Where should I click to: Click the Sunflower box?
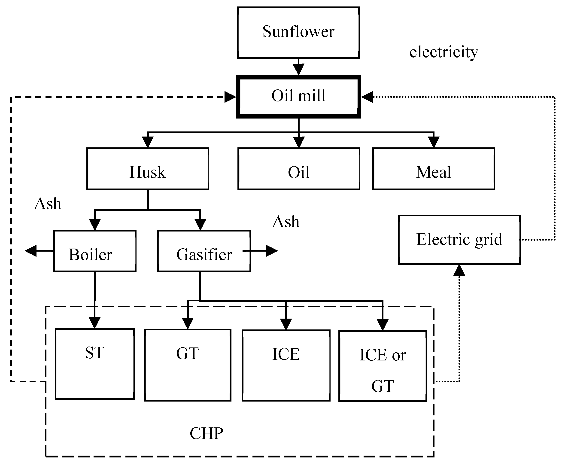click(298, 32)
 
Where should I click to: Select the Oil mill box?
click(298, 97)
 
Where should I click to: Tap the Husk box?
click(148, 169)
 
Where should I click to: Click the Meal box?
click(434, 169)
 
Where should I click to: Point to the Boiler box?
click(95, 251)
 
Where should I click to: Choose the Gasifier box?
click(204, 251)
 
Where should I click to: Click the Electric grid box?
click(459, 240)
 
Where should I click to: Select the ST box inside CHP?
click(94, 364)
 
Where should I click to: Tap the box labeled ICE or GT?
click(383, 366)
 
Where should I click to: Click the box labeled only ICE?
click(286, 365)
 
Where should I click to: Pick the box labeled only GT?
click(188, 365)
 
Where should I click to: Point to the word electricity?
click(444, 52)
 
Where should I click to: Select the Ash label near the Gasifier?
click(286, 222)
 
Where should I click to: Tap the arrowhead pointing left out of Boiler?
click(30, 251)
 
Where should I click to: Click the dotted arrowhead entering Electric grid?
click(459, 270)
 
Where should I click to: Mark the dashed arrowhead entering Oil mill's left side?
click(230, 97)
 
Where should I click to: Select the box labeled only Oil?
click(299, 169)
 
